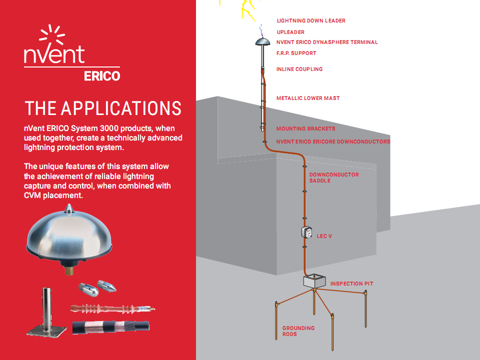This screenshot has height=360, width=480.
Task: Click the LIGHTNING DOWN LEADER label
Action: pyautogui.click(x=311, y=21)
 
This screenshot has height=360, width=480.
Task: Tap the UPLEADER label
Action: pyautogui.click(x=290, y=32)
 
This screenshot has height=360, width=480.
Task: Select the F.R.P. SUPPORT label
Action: pyautogui.click(x=296, y=53)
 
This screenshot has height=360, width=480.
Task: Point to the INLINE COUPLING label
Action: pyautogui.click(x=299, y=69)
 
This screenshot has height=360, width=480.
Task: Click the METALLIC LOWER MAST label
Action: pyautogui.click(x=308, y=98)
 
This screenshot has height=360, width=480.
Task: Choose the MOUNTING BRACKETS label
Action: pyautogui.click(x=306, y=129)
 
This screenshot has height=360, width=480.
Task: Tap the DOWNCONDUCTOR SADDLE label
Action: pyautogui.click(x=334, y=177)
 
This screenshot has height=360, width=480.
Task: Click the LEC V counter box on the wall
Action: pyautogui.click(x=306, y=232)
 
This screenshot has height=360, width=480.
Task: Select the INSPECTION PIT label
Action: pyautogui.click(x=351, y=284)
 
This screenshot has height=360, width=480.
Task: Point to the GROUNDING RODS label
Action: pyautogui.click(x=298, y=331)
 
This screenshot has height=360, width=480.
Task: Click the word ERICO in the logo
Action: pyautogui.click(x=102, y=76)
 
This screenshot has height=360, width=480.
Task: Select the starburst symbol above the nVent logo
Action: pyautogui.click(x=52, y=34)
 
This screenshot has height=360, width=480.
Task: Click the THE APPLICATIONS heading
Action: pyautogui.click(x=103, y=108)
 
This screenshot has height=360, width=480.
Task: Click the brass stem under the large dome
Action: pyautogui.click(x=69, y=270)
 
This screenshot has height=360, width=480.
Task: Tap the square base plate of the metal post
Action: pyautogui.click(x=46, y=330)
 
